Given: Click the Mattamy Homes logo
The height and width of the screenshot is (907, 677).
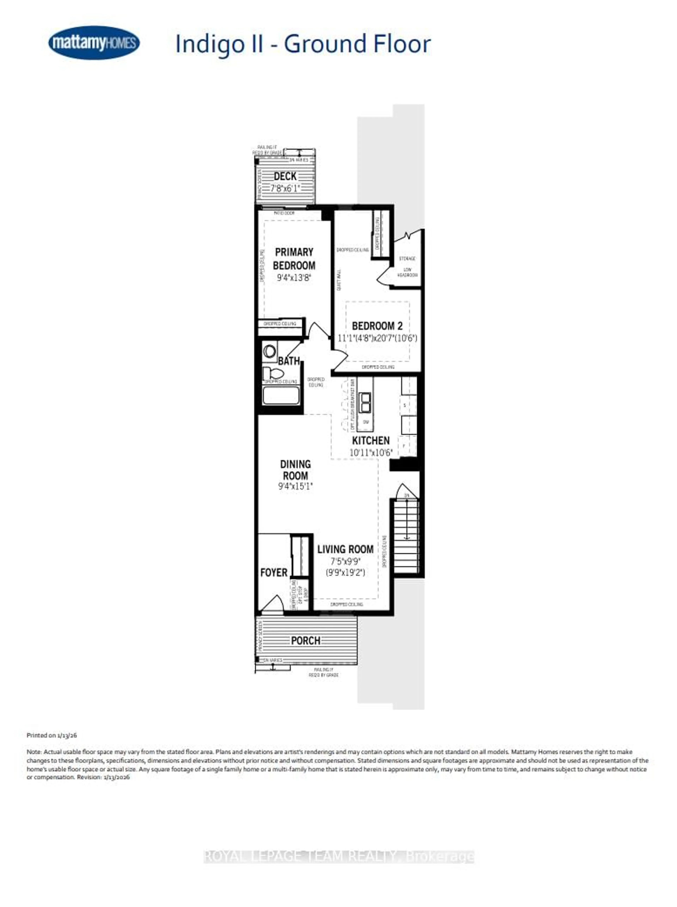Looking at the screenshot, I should point(94,43).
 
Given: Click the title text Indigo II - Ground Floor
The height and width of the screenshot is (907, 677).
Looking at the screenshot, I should point(303,44).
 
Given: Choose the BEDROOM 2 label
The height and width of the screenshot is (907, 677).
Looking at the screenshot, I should point(377,326).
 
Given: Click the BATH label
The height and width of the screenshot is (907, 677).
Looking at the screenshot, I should point(289,361).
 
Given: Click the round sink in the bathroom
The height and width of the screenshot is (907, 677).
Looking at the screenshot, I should point(270,351).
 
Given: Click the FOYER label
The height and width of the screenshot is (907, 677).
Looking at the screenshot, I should point(274,572).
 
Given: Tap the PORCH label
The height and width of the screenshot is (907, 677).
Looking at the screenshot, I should point(305,640).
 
